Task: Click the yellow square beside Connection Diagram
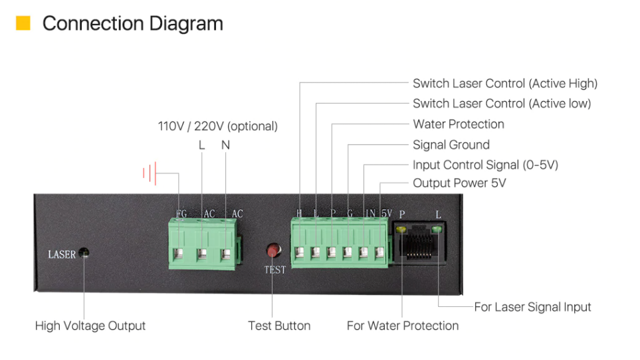tap(23, 23)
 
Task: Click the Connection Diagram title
tap(132, 23)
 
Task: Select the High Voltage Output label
tap(90, 325)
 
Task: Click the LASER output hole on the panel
tap(84, 253)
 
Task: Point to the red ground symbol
tap(149, 174)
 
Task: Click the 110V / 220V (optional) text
tap(217, 126)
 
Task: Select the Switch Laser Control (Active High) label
tap(504, 83)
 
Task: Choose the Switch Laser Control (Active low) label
tap(501, 104)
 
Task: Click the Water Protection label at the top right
tap(458, 124)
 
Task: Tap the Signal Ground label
tap(451, 145)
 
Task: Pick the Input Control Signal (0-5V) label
tap(485, 165)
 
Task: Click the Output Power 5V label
tap(459, 183)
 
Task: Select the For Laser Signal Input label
tap(532, 307)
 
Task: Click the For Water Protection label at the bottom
tap(402, 325)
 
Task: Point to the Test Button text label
tap(279, 325)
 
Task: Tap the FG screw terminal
tap(180, 254)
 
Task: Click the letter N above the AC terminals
tap(225, 145)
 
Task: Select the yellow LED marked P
tap(401, 230)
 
